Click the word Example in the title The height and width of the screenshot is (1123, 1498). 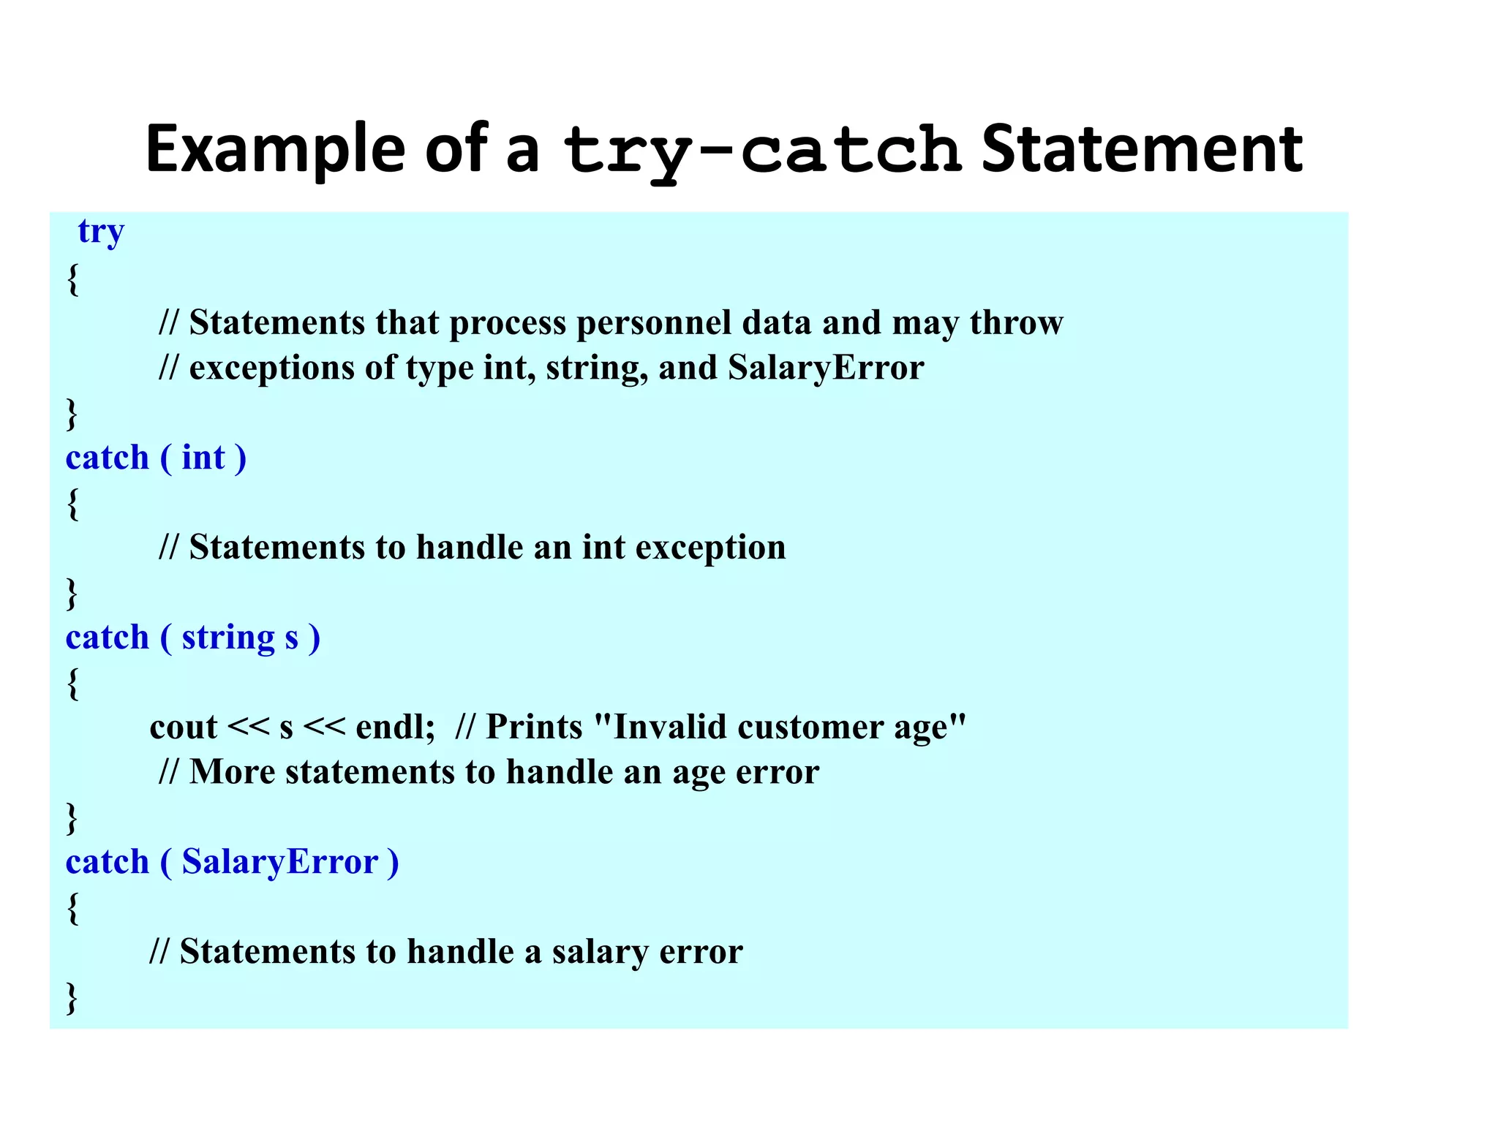[275, 151]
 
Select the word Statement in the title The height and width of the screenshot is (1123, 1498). [1141, 151]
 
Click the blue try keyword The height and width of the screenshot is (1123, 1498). [101, 232]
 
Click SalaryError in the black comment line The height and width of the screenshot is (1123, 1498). [826, 368]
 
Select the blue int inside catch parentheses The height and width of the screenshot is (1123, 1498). [203, 458]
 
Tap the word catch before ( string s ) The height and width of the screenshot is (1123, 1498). [107, 638]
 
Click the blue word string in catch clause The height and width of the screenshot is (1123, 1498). [228, 638]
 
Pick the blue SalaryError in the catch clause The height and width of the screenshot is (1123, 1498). [280, 863]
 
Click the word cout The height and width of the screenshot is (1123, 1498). [184, 728]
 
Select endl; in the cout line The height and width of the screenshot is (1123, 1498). [395, 728]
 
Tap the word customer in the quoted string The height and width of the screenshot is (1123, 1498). [810, 728]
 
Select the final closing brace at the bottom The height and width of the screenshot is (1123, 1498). [72, 998]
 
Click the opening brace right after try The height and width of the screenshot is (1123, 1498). [72, 279]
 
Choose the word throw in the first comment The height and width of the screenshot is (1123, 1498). [1016, 323]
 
